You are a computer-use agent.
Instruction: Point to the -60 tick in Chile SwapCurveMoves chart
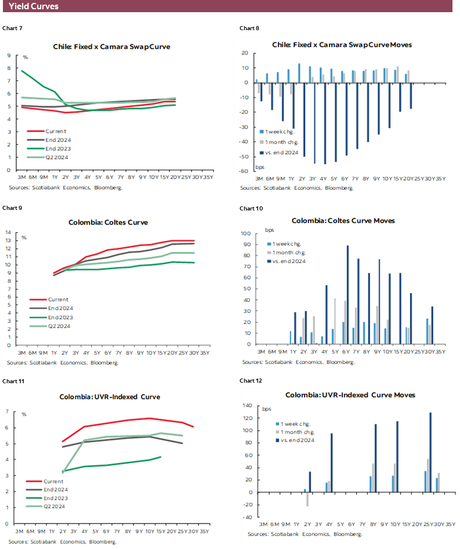pos(244,172)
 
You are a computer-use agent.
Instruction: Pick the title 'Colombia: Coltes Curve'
pos(112,221)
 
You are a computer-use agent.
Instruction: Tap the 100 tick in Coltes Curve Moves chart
pos(246,234)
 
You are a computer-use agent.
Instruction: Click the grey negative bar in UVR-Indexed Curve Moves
pos(307,500)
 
